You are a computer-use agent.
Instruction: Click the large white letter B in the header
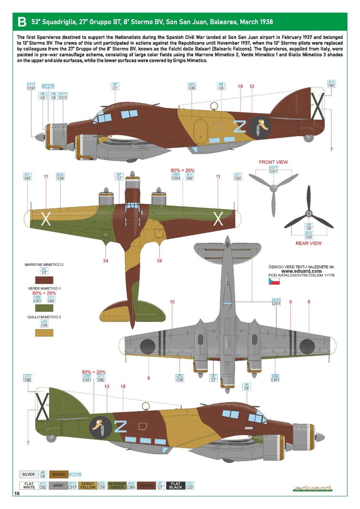click(x=22, y=22)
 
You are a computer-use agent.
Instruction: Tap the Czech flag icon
click(x=274, y=281)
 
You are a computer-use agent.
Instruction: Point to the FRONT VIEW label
click(x=273, y=162)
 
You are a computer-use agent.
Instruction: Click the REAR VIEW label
click(x=308, y=243)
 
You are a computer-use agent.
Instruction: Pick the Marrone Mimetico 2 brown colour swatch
click(x=44, y=280)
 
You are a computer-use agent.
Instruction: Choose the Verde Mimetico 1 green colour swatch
click(x=44, y=308)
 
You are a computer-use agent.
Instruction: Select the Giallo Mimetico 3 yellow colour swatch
click(x=44, y=333)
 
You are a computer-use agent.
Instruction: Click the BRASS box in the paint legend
click(x=59, y=474)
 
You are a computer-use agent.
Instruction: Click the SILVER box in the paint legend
click(x=28, y=474)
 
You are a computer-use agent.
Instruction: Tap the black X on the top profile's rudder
click(x=318, y=106)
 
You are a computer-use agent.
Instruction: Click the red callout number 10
click(x=172, y=302)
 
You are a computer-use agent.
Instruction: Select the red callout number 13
click(x=107, y=386)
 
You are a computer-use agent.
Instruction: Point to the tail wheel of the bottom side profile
click(x=51, y=438)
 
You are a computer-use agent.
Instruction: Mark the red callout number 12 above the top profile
click(x=252, y=86)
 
